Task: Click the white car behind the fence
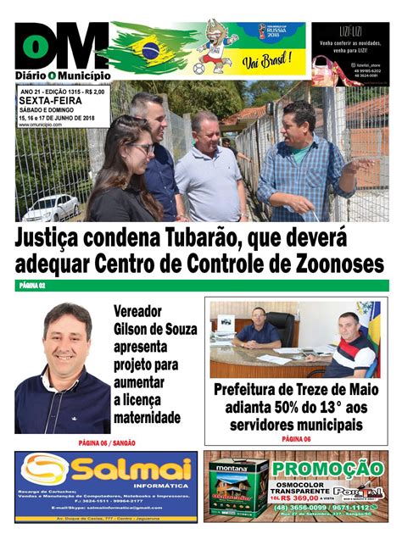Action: tap(52, 206)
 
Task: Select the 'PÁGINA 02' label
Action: tap(31, 286)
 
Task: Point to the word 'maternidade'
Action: tap(148, 417)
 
